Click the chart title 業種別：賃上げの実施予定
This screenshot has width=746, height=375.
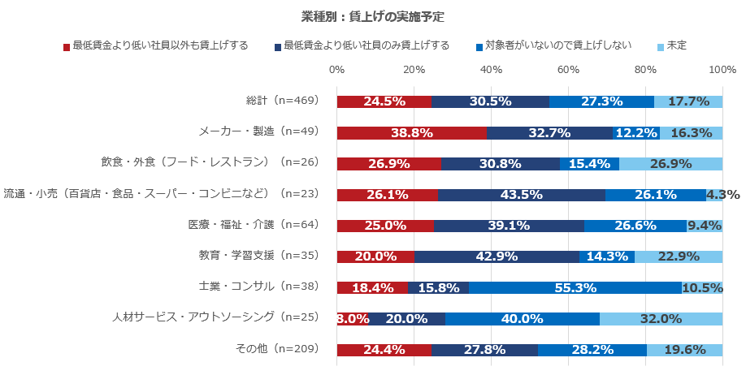point(372,16)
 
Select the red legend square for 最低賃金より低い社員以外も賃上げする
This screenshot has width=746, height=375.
point(67,46)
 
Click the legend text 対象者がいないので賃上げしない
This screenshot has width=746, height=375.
point(557,45)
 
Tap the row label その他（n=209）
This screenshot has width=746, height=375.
point(276,349)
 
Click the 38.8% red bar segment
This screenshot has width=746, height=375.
point(411,132)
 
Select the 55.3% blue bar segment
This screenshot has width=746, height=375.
point(575,287)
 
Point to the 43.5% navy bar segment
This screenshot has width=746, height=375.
point(522,195)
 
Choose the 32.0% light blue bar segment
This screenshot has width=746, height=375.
point(661,318)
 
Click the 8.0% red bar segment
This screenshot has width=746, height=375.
point(353,318)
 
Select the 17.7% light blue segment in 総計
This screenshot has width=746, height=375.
point(688,101)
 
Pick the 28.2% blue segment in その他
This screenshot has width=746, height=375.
point(592,349)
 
